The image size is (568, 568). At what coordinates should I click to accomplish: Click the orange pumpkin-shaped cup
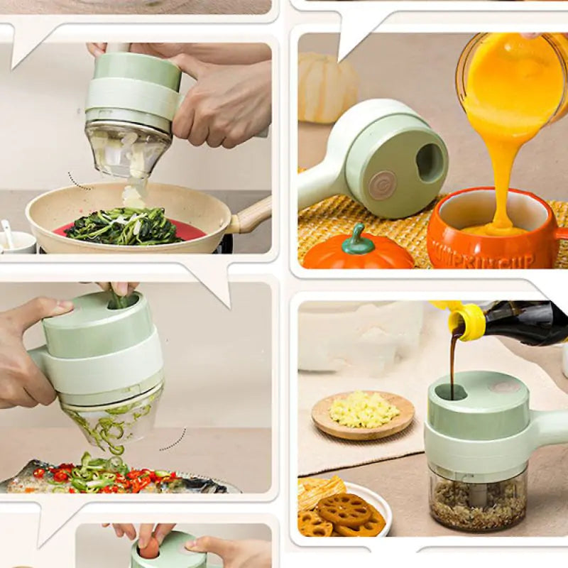point(490,234)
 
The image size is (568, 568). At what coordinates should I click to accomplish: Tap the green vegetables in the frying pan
point(124,227)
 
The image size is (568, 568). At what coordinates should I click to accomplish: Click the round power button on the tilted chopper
point(382,185)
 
